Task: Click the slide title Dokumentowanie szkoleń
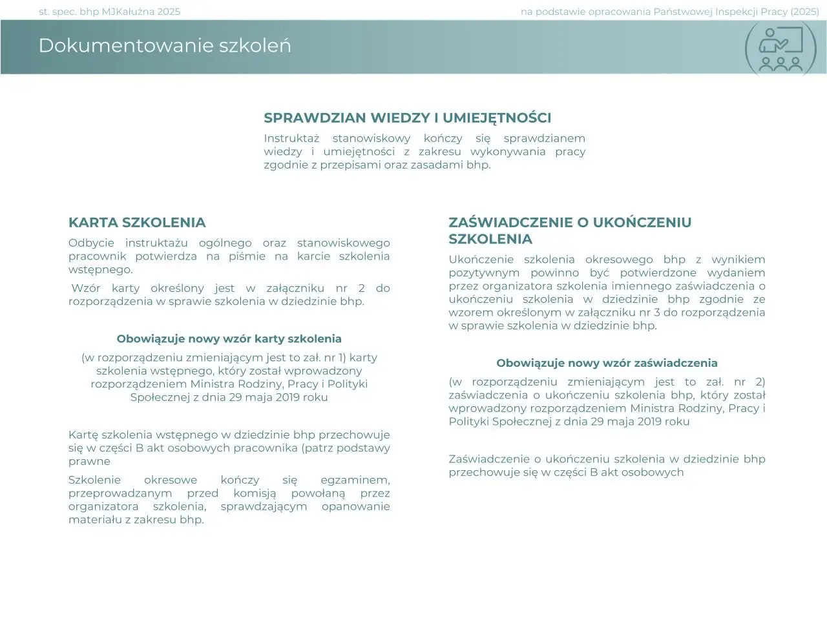tap(165, 46)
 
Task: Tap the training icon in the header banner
tap(780, 49)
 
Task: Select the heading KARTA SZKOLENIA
tap(137, 223)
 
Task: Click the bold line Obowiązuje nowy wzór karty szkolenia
tap(229, 339)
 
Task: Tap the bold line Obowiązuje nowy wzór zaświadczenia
tap(607, 363)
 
